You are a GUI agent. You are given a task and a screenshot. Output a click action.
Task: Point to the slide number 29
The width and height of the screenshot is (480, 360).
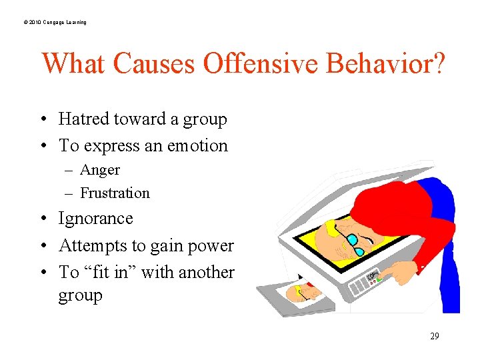point(434,336)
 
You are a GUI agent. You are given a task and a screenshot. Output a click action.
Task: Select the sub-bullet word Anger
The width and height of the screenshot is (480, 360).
point(100,170)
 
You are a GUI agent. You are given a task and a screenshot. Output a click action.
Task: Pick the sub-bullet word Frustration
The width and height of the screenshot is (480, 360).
point(115,193)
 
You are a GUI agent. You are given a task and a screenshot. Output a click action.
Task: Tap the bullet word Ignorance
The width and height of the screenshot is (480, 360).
point(96,219)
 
